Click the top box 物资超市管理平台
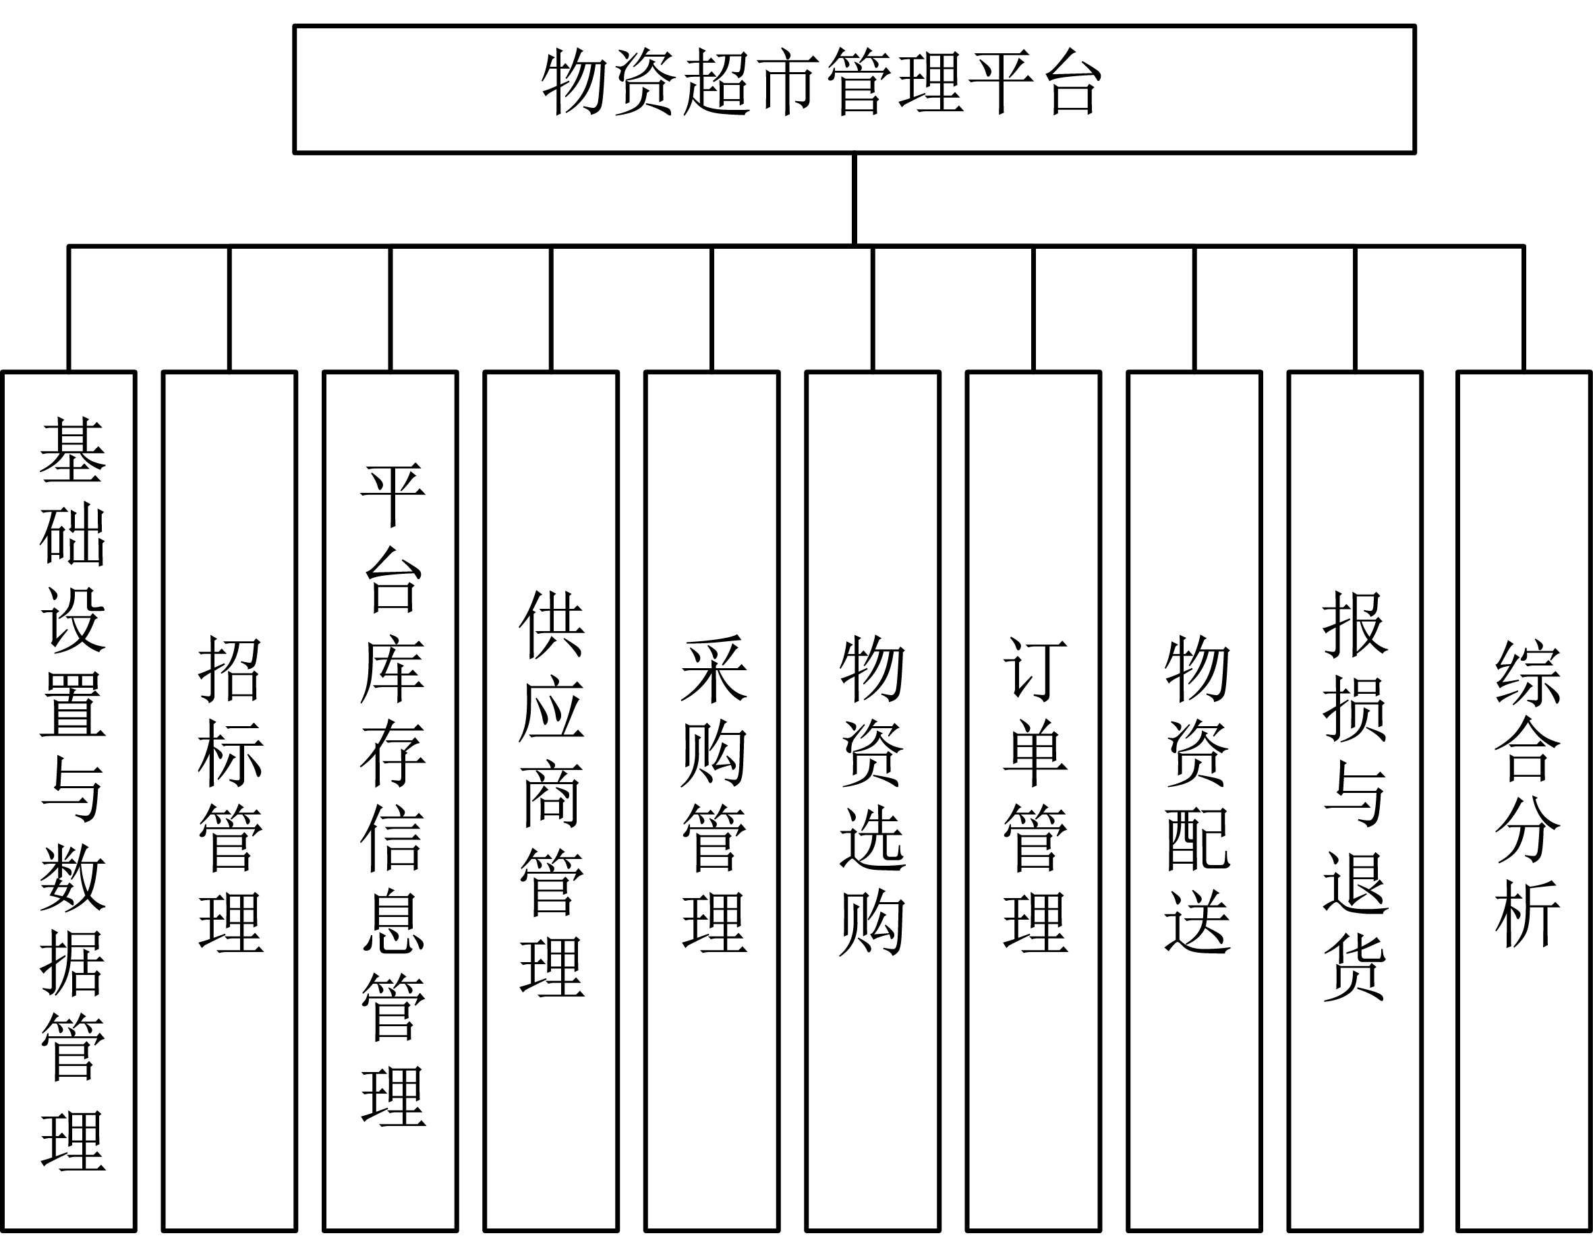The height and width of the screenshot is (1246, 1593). coord(854,90)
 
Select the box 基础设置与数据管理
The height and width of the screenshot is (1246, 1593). coord(69,801)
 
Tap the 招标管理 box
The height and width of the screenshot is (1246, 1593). coord(230,801)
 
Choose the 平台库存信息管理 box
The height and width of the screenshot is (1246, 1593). coord(390,801)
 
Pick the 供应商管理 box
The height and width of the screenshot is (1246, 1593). coord(551,801)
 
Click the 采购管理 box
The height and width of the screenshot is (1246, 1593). coord(712,801)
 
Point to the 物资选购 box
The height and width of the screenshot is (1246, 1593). coord(873,801)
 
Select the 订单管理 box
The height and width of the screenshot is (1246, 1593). coord(1033,801)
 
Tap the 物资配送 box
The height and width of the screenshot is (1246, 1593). coord(1194,801)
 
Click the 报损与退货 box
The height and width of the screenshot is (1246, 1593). coord(1355,801)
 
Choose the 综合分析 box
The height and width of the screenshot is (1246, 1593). coord(1524,801)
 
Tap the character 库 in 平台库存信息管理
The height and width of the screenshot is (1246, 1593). coord(393,672)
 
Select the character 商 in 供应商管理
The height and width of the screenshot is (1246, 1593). coord(552,795)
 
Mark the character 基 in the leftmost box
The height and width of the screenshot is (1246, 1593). coord(72,451)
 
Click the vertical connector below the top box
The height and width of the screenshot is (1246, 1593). coord(854,200)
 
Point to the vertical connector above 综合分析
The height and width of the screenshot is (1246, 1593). coord(1524,309)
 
